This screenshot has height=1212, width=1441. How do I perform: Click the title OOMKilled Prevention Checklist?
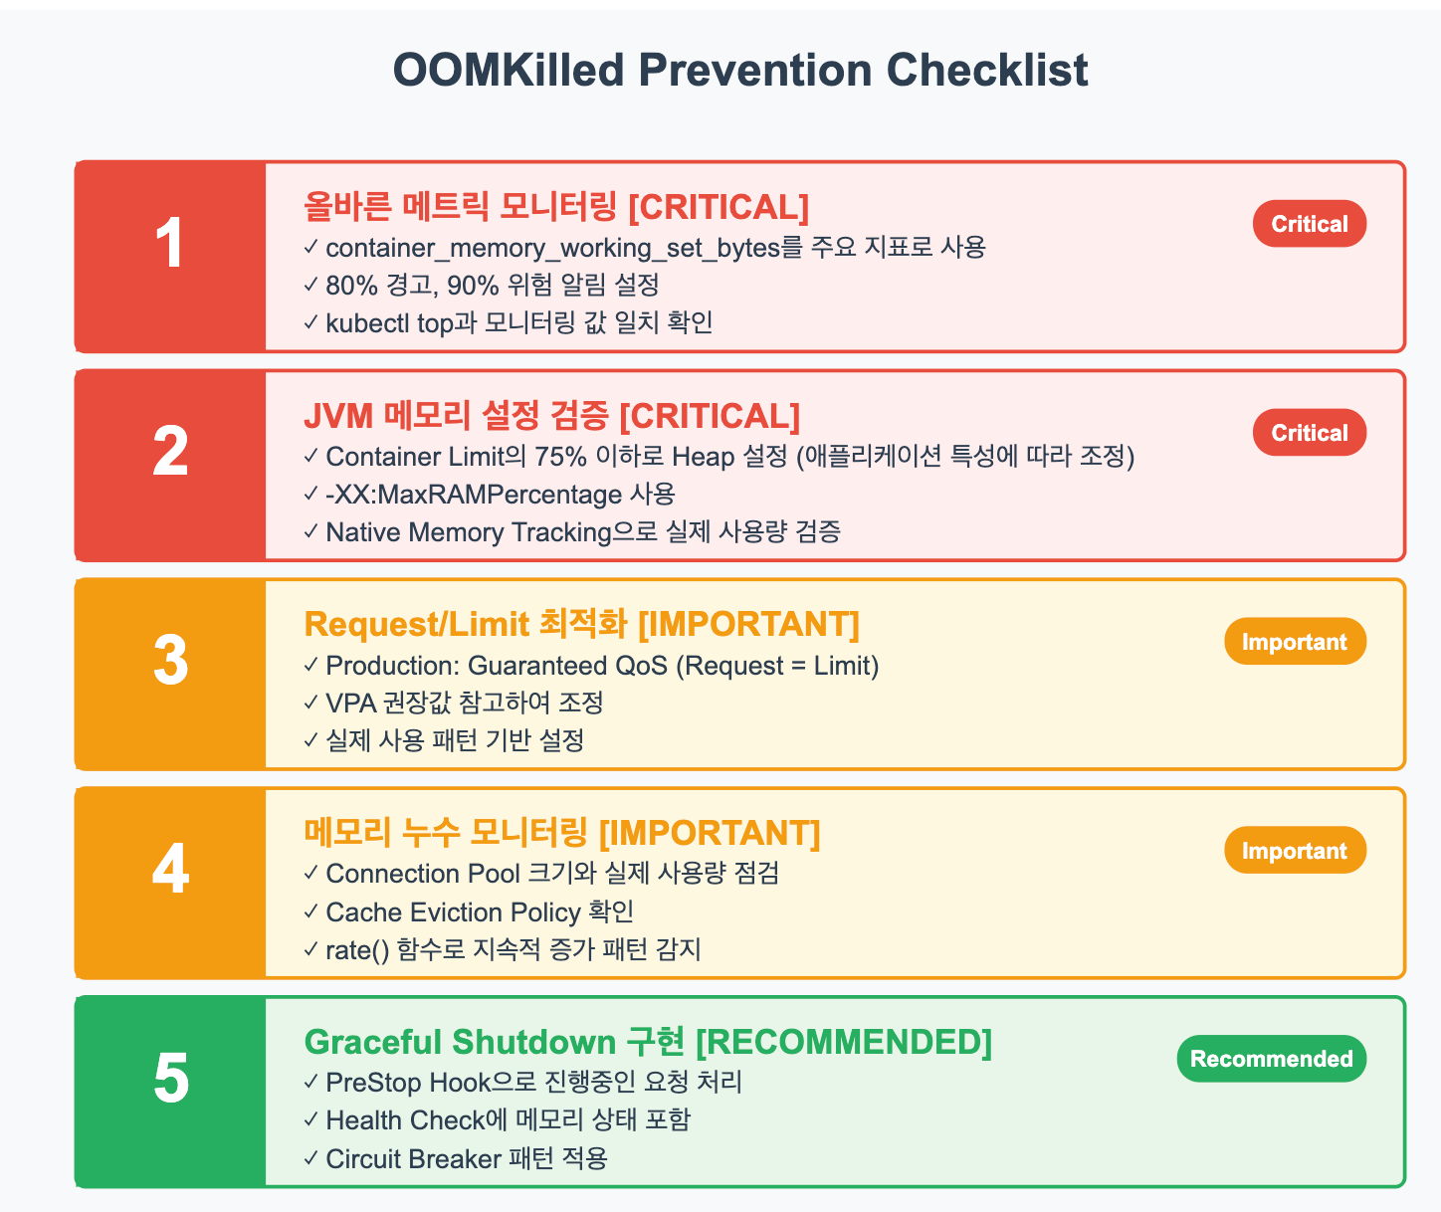click(739, 70)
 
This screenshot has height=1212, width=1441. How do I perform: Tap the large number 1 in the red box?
click(170, 245)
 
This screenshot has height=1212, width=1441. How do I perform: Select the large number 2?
click(170, 453)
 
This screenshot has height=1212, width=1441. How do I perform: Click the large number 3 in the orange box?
click(170, 662)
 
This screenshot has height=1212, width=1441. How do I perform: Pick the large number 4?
click(170, 871)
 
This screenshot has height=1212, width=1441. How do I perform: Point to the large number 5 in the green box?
click(170, 1080)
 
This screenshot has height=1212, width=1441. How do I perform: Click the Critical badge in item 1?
click(1309, 224)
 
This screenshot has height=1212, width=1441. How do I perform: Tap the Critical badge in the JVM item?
click(1309, 433)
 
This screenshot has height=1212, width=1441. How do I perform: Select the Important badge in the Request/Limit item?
click(1294, 642)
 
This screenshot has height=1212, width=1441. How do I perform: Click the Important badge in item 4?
click(1294, 851)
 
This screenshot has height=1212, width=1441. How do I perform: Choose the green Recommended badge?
click(1271, 1059)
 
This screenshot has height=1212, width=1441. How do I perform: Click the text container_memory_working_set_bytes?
click(552, 248)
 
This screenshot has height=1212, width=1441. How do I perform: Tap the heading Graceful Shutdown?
click(460, 1042)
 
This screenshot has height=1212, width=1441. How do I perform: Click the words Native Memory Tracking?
click(468, 532)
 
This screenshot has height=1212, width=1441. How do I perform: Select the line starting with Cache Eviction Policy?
click(480, 912)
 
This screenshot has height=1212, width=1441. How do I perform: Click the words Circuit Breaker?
click(413, 1159)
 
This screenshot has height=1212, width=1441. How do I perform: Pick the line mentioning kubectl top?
click(517, 323)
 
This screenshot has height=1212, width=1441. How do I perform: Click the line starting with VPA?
click(464, 704)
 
